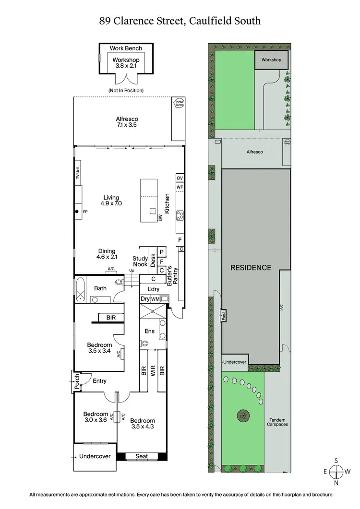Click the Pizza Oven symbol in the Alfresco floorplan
(179, 104)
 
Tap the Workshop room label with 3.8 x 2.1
(126, 63)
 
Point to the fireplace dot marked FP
(76, 212)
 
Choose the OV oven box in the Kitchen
(180, 178)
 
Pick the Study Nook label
(140, 261)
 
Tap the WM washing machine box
(155, 299)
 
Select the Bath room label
(100, 288)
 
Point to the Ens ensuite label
(149, 331)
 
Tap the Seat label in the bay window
(142, 456)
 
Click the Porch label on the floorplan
(75, 383)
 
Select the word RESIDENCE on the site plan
(251, 268)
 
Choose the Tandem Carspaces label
(277, 422)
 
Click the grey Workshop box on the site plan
(271, 60)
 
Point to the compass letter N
(336, 483)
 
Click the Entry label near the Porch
(100, 381)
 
